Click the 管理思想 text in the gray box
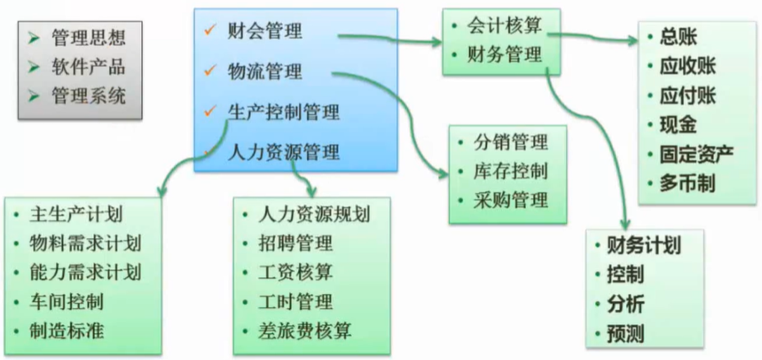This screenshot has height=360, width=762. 88,39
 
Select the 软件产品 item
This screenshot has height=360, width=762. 88,67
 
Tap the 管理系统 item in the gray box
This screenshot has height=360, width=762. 88,96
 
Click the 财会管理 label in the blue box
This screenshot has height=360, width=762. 265,33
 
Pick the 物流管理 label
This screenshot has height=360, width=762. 265,72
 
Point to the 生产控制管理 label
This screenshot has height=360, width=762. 284,112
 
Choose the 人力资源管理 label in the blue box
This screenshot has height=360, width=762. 284,152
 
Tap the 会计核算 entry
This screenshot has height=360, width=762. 504,28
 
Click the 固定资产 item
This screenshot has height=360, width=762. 697,154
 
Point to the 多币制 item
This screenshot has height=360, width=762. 687,183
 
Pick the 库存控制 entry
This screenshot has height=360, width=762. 511,170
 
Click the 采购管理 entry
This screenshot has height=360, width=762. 511,200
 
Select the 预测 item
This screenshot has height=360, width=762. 625,333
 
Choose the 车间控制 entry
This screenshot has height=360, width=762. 66,300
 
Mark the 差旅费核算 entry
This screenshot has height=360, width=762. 305,331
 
